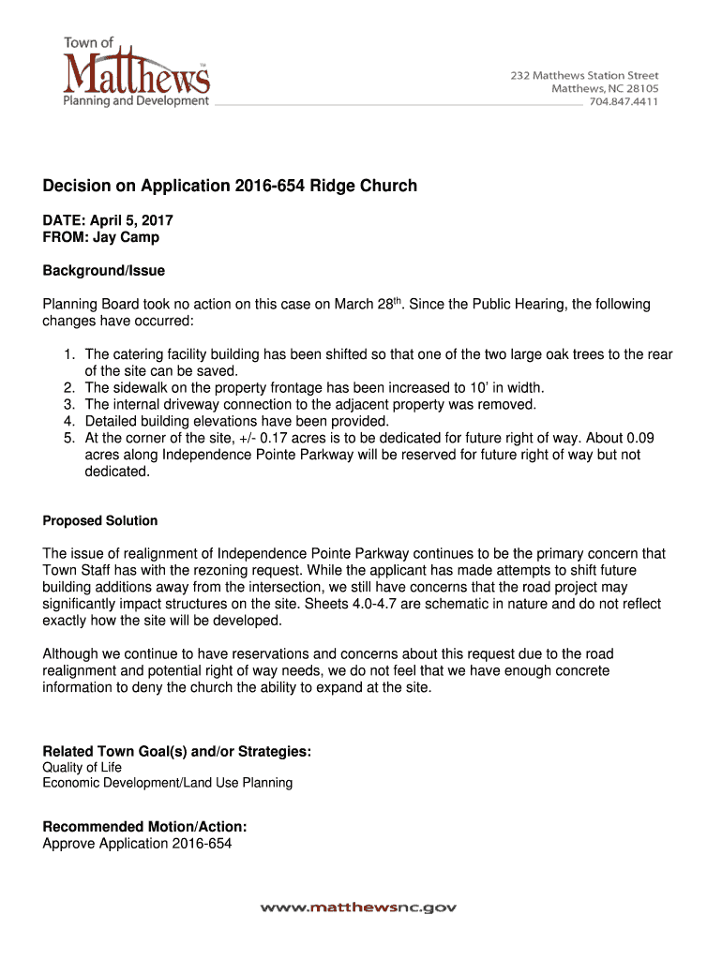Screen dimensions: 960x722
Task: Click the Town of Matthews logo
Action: [136, 71]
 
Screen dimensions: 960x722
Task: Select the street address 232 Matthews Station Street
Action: [584, 75]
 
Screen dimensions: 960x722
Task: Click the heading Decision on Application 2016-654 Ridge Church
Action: [230, 186]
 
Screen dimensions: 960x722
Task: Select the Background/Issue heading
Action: [103, 271]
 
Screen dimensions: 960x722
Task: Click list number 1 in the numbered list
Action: [68, 354]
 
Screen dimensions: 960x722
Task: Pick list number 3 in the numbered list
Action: [68, 404]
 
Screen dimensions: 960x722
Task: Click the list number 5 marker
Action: [68, 438]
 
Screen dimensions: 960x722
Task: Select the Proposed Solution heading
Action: [100, 520]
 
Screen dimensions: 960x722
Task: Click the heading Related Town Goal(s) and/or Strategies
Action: [177, 752]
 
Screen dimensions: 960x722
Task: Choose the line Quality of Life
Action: [83, 768]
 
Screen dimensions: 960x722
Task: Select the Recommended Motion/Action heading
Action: [145, 827]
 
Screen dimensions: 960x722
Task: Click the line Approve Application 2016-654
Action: [137, 844]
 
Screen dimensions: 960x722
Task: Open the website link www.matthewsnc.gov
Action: [359, 907]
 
